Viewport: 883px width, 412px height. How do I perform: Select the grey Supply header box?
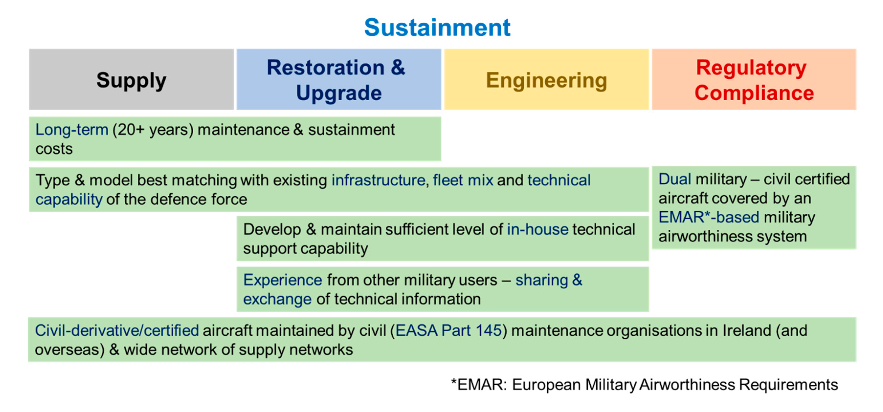pos(131,79)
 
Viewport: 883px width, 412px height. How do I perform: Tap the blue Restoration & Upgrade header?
pos(339,79)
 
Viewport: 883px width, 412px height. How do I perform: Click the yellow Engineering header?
pos(546,79)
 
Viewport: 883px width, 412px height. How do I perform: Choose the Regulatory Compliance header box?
pos(754,79)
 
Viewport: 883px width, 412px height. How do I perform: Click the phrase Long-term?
pos(72,130)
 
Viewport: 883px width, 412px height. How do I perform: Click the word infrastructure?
pos(378,180)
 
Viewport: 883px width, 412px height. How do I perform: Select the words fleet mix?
pos(463,180)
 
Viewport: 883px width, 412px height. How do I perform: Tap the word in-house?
pos(538,230)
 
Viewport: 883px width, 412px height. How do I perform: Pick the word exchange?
pos(277,299)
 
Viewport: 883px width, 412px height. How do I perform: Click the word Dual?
pos(674,179)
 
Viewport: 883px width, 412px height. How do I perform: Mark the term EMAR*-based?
pos(708,217)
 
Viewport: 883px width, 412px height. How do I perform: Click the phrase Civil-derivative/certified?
pos(117,331)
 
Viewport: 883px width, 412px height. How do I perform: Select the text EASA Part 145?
pos(448,331)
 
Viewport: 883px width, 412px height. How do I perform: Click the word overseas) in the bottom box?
pos(70,350)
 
